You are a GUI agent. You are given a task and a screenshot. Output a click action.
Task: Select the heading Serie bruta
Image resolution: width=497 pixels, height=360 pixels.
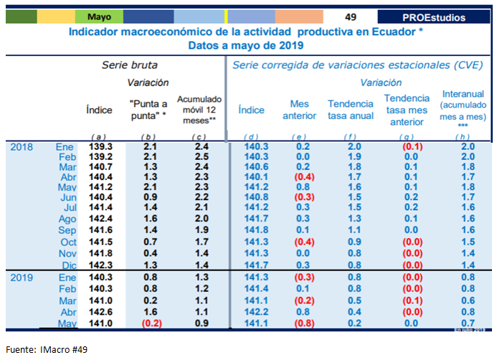point(130,65)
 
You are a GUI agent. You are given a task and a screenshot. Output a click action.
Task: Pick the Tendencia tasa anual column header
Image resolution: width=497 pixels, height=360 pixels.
point(351,109)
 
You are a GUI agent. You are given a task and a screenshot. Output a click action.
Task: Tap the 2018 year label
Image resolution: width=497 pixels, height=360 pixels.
point(22,146)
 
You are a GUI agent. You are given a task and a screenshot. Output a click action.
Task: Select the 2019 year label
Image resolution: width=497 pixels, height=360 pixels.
point(22,277)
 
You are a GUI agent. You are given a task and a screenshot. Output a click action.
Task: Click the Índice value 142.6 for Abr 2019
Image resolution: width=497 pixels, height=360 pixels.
point(99,312)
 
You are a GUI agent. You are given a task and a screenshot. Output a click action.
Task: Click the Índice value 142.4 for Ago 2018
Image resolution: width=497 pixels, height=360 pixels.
point(99,219)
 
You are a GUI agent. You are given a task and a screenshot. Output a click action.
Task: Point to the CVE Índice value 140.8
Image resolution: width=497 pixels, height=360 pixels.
point(256,196)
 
